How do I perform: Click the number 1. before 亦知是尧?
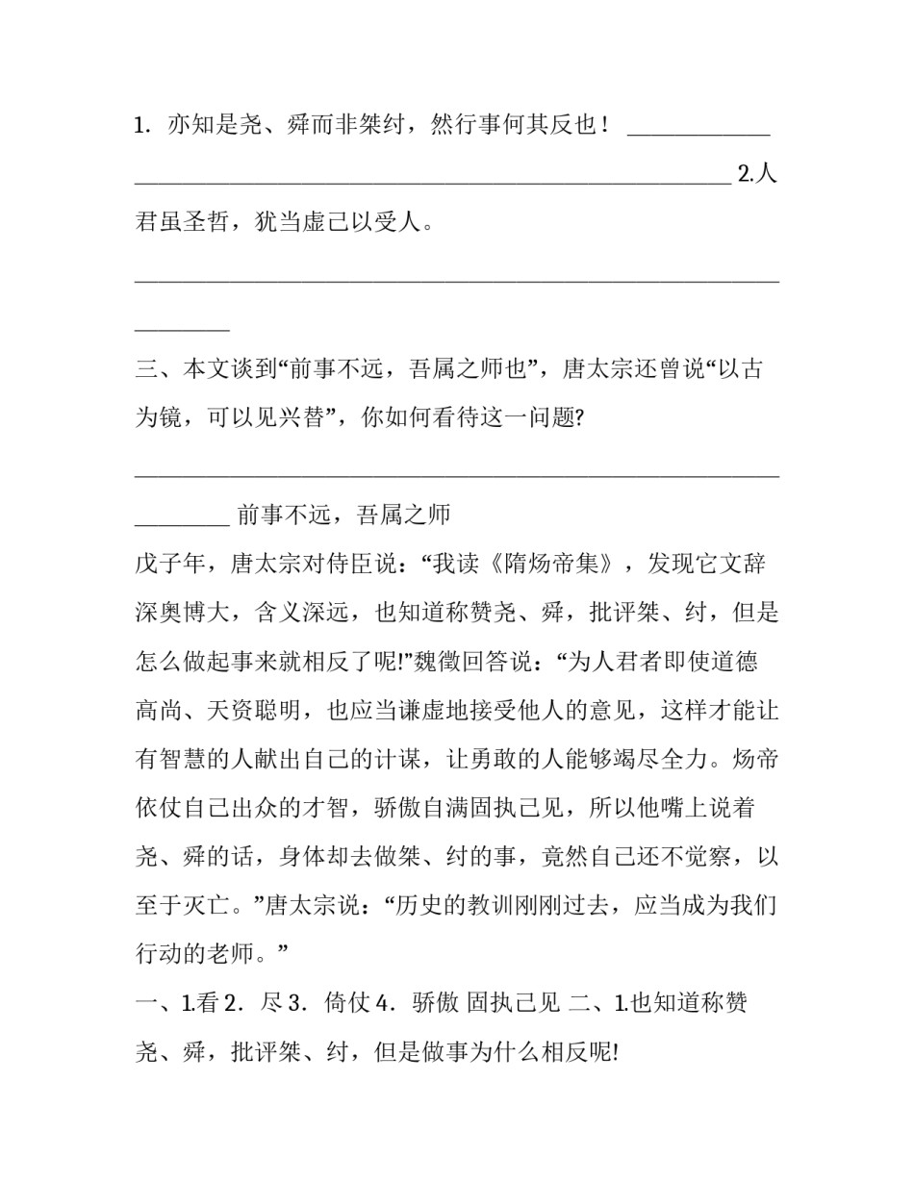[142, 125]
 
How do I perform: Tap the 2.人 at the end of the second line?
[757, 174]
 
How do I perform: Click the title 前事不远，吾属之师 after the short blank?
[343, 515]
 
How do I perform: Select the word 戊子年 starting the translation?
[170, 564]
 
